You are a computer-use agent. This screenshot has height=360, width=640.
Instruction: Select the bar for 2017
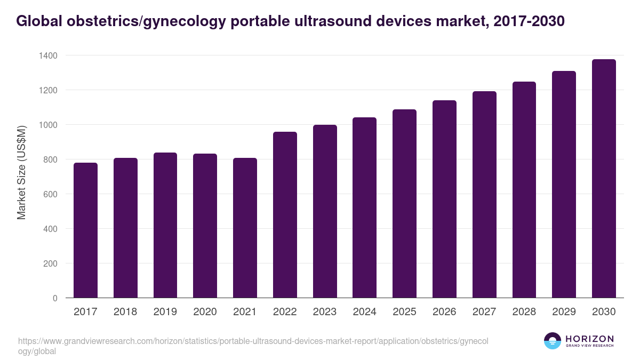(x=85, y=230)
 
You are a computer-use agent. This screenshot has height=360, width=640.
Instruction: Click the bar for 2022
(x=285, y=215)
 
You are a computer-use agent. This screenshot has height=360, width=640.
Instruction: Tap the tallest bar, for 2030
(x=604, y=179)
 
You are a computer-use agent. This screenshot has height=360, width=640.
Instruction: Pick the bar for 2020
(x=205, y=226)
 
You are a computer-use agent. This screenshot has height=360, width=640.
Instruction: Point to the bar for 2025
(x=404, y=204)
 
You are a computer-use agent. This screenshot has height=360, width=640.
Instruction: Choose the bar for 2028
(x=524, y=190)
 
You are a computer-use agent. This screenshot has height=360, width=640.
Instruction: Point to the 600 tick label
(x=50, y=194)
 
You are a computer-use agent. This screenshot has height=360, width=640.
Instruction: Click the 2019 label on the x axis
(x=165, y=312)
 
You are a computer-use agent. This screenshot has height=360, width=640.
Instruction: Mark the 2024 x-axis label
(x=365, y=312)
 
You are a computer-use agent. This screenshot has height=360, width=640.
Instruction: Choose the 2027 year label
(x=484, y=312)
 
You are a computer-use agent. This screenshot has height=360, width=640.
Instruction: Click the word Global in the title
(x=36, y=21)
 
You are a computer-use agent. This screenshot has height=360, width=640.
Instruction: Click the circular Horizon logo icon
(x=553, y=341)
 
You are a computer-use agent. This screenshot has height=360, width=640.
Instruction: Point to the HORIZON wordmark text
(x=589, y=339)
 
